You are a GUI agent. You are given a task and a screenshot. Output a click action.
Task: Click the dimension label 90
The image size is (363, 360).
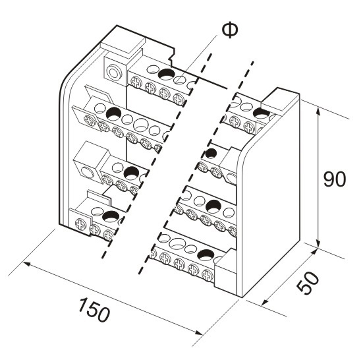(x=335, y=179)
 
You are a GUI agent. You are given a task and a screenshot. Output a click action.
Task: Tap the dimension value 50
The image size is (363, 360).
(x=308, y=283)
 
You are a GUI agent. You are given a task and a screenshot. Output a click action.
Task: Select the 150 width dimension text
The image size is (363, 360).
(x=94, y=310)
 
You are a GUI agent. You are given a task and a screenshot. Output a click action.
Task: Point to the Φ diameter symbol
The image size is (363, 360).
(x=230, y=31)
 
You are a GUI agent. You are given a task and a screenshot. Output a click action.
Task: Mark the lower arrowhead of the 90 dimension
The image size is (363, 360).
(x=319, y=244)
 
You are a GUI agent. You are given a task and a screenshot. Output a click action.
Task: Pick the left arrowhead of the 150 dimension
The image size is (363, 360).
(x=27, y=264)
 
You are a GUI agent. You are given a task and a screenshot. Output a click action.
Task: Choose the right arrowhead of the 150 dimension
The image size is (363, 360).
(x=198, y=333)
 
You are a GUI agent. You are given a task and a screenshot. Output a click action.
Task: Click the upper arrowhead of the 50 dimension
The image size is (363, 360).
(x=313, y=252)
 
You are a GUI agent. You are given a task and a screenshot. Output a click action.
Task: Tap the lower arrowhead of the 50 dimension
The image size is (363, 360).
(x=265, y=302)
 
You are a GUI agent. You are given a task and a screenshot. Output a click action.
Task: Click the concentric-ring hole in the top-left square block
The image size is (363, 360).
(x=113, y=73)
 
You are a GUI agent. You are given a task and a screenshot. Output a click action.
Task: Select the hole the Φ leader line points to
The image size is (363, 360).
(x=180, y=80)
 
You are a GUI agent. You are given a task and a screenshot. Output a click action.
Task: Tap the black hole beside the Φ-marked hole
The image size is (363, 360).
(x=166, y=74)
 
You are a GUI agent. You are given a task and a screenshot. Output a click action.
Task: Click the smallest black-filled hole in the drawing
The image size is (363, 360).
(x=211, y=153)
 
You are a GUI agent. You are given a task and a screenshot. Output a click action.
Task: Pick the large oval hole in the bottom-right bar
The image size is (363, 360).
(x=177, y=243)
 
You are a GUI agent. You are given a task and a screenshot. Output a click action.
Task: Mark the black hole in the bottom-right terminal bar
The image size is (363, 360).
(x=206, y=255)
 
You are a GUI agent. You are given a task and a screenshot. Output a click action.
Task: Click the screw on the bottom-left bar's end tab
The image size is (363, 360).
(x=81, y=224)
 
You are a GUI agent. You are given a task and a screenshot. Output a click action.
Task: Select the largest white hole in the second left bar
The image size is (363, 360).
(x=140, y=125)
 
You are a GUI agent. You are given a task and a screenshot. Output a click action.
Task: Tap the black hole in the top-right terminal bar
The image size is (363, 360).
(x=262, y=113)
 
